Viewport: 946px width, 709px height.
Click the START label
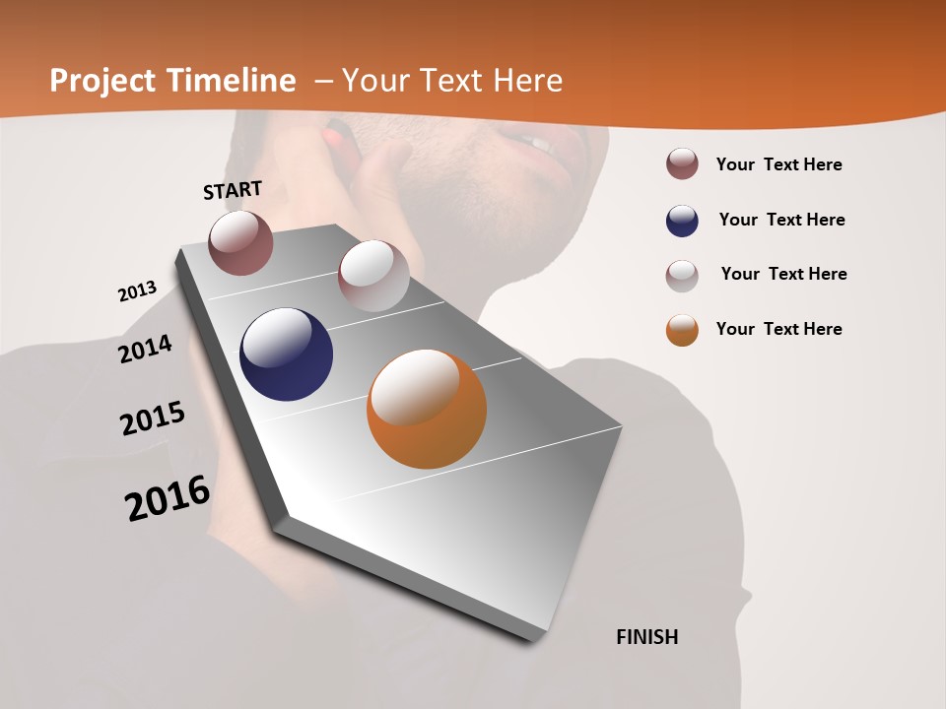(233, 190)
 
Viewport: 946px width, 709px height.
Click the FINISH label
(647, 637)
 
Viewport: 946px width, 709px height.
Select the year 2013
(138, 291)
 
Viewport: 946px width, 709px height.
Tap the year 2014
(146, 350)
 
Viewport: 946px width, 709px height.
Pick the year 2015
(153, 419)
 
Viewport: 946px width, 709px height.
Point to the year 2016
(168, 497)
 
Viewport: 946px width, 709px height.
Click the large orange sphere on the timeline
(427, 409)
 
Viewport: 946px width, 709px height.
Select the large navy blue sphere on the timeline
(287, 354)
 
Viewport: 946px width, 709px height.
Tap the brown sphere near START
(240, 242)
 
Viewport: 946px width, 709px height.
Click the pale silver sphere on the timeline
(373, 276)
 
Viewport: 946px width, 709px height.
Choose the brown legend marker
(682, 163)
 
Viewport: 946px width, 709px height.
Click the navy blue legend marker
(682, 221)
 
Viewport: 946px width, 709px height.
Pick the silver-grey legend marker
(682, 275)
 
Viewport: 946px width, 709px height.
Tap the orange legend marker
(682, 330)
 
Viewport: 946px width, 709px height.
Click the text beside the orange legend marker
(778, 329)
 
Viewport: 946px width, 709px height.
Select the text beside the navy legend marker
(781, 220)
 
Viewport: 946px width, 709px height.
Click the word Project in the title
(102, 81)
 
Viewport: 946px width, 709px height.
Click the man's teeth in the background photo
(535, 144)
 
